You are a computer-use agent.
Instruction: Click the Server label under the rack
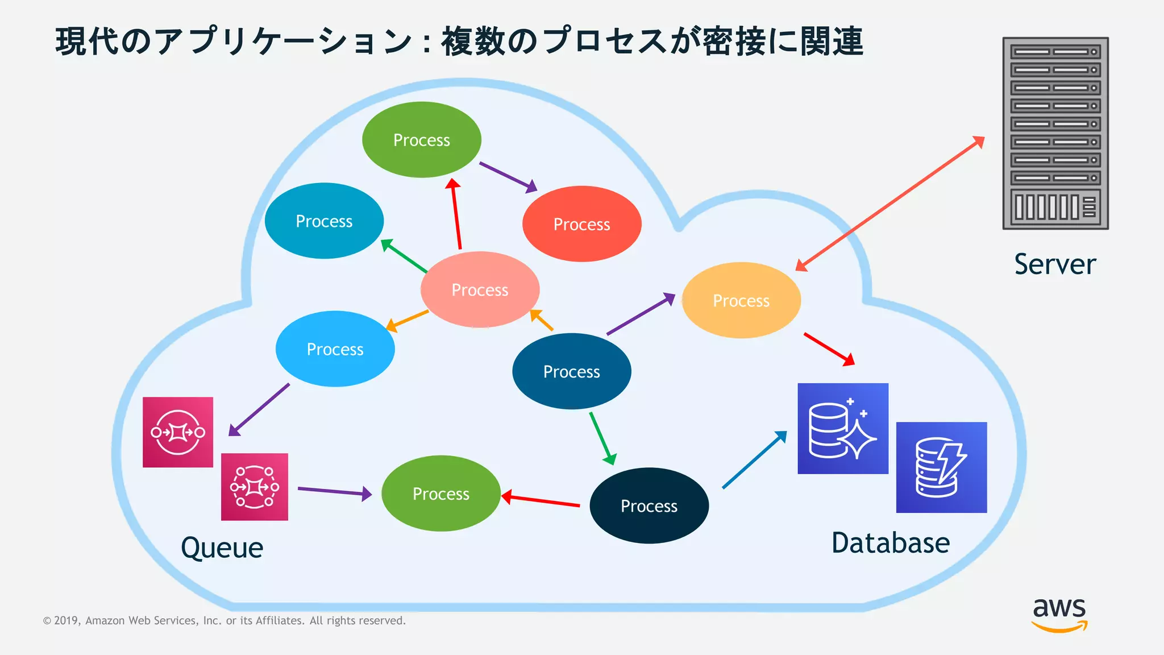pyautogui.click(x=1055, y=264)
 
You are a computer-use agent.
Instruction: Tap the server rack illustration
pyautogui.click(x=1055, y=134)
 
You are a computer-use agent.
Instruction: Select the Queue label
pyautogui.click(x=222, y=548)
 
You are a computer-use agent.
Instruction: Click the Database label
pyautogui.click(x=890, y=543)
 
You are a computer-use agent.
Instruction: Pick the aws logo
pyautogui.click(x=1059, y=614)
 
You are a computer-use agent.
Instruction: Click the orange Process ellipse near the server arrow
pyautogui.click(x=741, y=300)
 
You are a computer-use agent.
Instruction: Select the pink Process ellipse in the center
pyautogui.click(x=480, y=290)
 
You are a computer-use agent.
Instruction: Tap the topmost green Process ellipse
pyautogui.click(x=421, y=140)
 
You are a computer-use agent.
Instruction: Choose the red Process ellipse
pyautogui.click(x=581, y=224)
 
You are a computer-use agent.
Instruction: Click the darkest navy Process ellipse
pyautogui.click(x=648, y=505)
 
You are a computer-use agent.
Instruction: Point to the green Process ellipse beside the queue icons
pyautogui.click(x=440, y=494)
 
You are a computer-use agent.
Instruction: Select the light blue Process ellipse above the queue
pyautogui.click(x=335, y=349)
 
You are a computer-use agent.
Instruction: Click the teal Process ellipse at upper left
pyautogui.click(x=324, y=221)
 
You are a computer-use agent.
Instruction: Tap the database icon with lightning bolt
pyautogui.click(x=941, y=467)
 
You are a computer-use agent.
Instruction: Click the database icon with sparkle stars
pyautogui.click(x=842, y=428)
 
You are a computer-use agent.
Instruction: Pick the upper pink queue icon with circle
pyautogui.click(x=178, y=432)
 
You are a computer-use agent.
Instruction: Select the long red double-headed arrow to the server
pyautogui.click(x=889, y=203)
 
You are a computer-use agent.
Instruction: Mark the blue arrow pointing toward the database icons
pyautogui.click(x=754, y=459)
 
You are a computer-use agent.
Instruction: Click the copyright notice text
pyautogui.click(x=225, y=621)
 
